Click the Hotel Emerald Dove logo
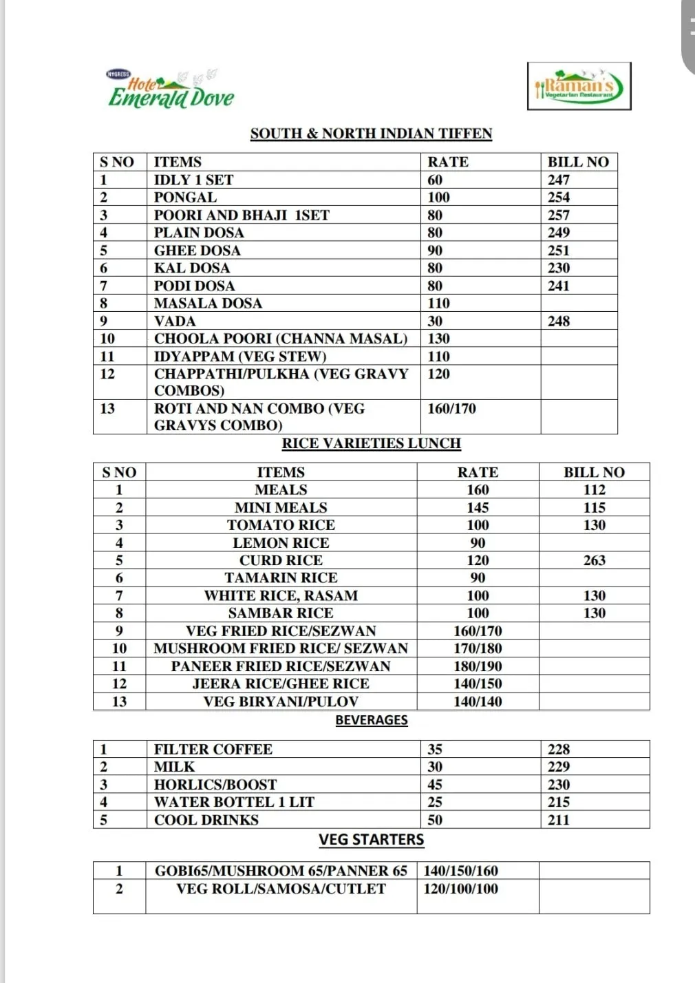coord(170,90)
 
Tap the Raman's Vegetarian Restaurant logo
coord(579,87)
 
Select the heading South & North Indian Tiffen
coord(371,134)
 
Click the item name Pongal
coord(185,198)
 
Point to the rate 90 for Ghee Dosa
coord(435,251)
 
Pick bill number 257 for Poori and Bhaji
coord(559,215)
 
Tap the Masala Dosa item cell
coord(208,304)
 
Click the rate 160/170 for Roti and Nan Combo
coord(451,409)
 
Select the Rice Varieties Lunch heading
coord(371,443)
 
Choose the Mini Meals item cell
coord(281,508)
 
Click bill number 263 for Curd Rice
coord(594,560)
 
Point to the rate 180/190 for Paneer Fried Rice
coord(478,666)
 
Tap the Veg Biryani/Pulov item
coord(281,701)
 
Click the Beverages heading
coord(372,720)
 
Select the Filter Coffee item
coord(213,750)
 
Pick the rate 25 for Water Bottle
coord(435,802)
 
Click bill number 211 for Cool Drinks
coord(559,820)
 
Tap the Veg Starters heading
coord(372,840)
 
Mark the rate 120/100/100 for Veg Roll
coord(460,889)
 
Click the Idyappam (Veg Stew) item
coord(240,357)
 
